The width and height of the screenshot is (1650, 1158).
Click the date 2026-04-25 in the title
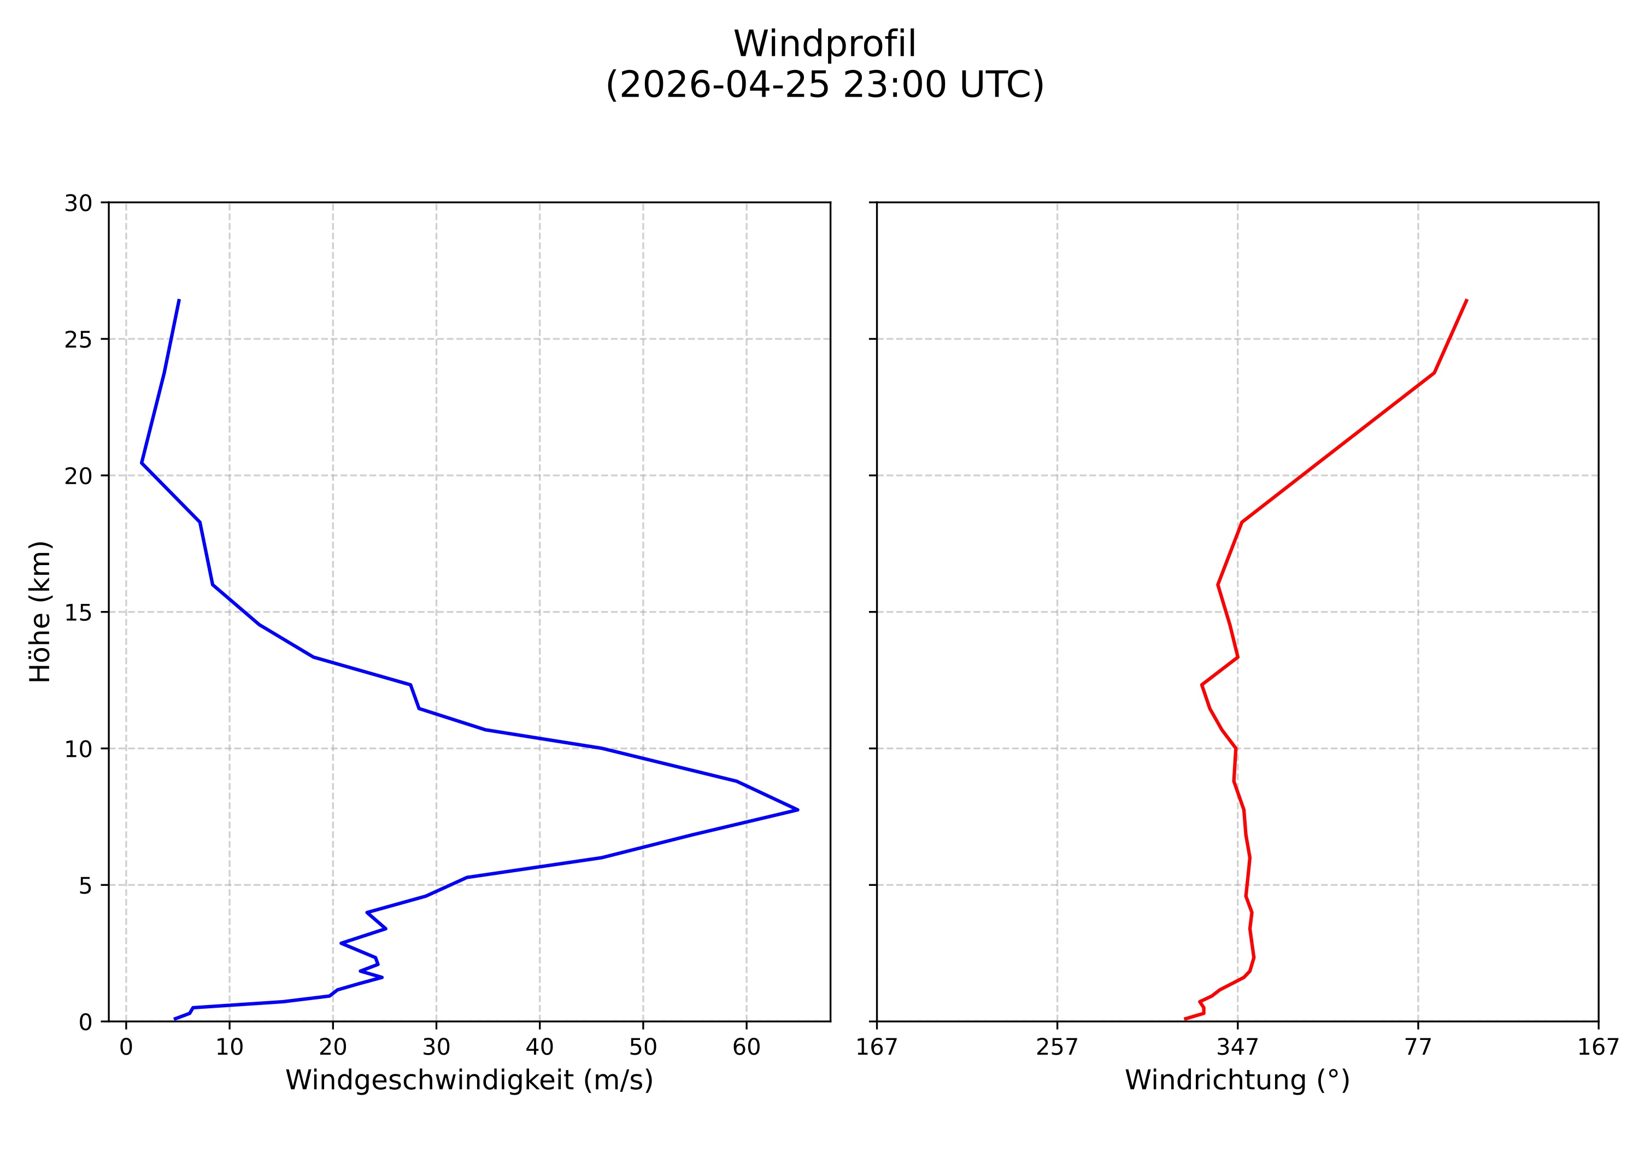coord(719,85)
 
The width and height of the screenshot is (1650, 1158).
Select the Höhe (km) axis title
coord(40,612)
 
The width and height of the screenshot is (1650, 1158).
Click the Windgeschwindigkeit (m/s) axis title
coord(469,1101)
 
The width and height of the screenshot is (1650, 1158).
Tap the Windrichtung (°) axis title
coord(1237,1101)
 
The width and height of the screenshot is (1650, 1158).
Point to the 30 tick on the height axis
coord(78,203)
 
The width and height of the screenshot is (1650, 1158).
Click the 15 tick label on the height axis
coord(78,612)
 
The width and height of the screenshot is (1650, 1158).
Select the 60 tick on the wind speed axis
coord(746,1048)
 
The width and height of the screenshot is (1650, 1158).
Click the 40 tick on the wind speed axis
coord(539,1048)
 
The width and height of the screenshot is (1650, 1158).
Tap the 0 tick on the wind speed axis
coord(126,1048)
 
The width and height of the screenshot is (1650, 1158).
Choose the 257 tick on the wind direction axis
coord(1056,1048)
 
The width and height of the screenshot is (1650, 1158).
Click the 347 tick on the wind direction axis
coord(1237,1048)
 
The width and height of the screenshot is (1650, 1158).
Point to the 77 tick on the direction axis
coord(1417,1048)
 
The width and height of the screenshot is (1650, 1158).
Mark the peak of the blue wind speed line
coord(798,809)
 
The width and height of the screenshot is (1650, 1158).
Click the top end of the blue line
coord(179,299)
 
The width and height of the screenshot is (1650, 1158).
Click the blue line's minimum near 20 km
coord(142,463)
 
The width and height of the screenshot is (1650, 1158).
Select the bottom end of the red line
coord(1184,1019)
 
